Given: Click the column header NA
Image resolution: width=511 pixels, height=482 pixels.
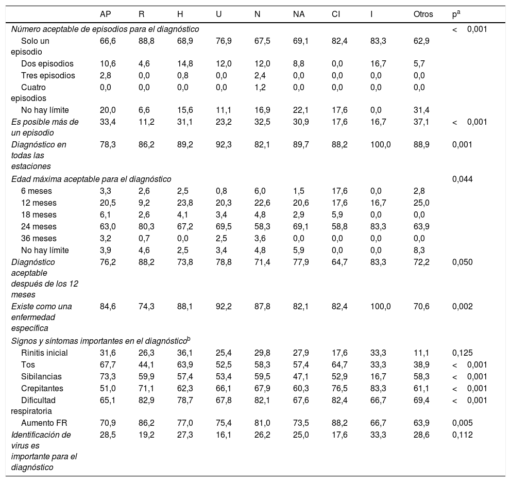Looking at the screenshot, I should pyautogui.click(x=298, y=14).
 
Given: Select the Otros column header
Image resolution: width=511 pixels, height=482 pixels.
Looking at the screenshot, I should pyautogui.click(x=423, y=14).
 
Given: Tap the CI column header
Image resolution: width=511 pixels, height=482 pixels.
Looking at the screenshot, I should pyautogui.click(x=336, y=14).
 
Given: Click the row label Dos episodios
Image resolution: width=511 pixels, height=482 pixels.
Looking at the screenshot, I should pyautogui.click(x=47, y=64).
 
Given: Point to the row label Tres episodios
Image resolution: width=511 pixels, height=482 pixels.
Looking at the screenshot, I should pyautogui.click(x=48, y=76).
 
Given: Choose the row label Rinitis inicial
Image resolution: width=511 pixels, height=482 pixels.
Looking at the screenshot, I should pyautogui.click(x=44, y=353).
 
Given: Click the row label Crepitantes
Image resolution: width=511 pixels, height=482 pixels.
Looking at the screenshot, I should pyautogui.click(x=42, y=389).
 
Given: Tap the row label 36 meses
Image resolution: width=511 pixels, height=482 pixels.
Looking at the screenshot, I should pyautogui.click(x=39, y=239).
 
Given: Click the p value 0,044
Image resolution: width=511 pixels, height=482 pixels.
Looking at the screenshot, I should pyautogui.click(x=462, y=179).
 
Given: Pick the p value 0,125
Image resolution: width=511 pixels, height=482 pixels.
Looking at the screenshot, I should pyautogui.click(x=462, y=353).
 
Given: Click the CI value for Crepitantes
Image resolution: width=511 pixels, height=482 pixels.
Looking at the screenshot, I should pyautogui.click(x=339, y=389).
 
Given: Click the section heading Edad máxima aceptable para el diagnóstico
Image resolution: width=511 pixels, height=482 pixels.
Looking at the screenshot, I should pyautogui.click(x=91, y=179).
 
